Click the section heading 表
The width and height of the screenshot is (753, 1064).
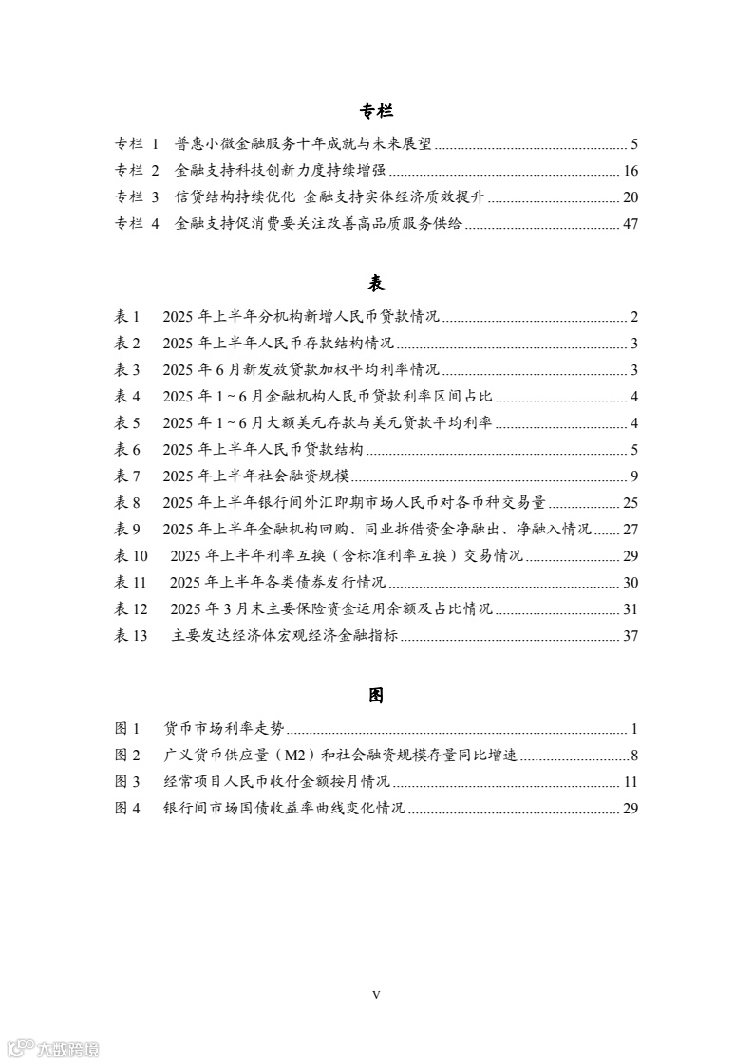(x=376, y=284)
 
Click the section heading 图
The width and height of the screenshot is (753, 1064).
(x=376, y=696)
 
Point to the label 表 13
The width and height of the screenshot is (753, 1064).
(x=132, y=636)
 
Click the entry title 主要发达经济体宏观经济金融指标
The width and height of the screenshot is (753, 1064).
(x=285, y=636)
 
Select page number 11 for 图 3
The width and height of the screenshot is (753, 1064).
(x=631, y=782)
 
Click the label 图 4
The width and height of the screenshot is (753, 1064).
(x=127, y=809)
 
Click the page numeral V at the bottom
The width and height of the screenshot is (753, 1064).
(x=376, y=994)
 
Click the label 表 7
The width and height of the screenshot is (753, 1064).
(x=127, y=476)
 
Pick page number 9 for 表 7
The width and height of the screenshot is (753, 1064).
(x=633, y=476)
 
